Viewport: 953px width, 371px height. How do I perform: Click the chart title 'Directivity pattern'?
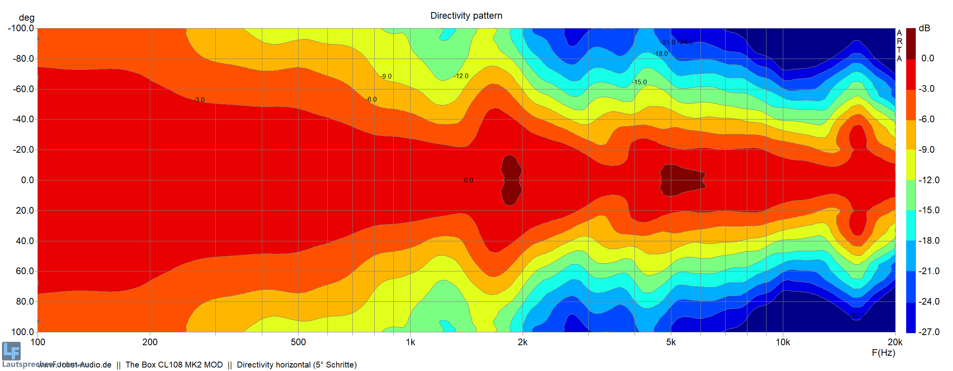click(x=466, y=16)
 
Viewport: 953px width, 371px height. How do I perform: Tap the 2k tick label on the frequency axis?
click(x=522, y=342)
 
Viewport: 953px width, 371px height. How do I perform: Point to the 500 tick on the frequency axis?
click(x=298, y=342)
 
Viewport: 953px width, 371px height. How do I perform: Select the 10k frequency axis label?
click(x=782, y=342)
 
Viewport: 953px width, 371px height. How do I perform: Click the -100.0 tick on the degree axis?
click(x=21, y=28)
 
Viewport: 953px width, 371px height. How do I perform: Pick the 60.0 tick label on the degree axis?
click(x=25, y=271)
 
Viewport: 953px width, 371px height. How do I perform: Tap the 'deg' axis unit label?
click(x=27, y=18)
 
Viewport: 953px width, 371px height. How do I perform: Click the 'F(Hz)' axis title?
click(x=883, y=353)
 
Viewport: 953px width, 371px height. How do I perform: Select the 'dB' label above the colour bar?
click(x=924, y=28)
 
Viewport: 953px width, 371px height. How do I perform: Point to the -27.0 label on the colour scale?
click(x=929, y=332)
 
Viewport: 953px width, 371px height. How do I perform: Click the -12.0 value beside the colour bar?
click(x=929, y=180)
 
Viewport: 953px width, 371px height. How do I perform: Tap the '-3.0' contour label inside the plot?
click(x=199, y=100)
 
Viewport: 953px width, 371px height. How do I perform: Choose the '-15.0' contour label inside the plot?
click(x=640, y=82)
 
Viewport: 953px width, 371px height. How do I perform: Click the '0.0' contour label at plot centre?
click(x=468, y=180)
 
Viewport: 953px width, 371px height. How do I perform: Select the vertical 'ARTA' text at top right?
click(x=899, y=46)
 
